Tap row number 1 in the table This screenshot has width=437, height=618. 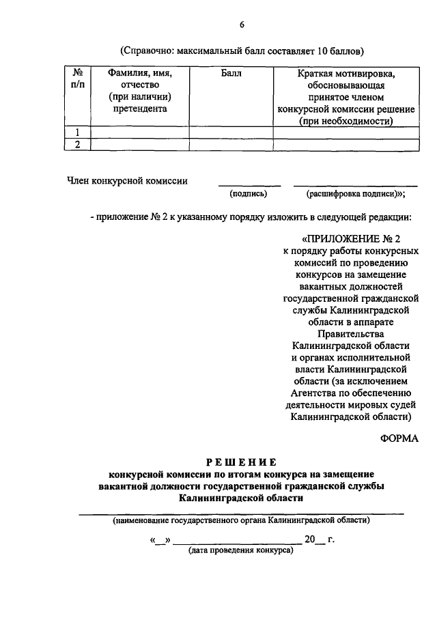pos(77,132)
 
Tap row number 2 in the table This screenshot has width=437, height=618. pos(77,144)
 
